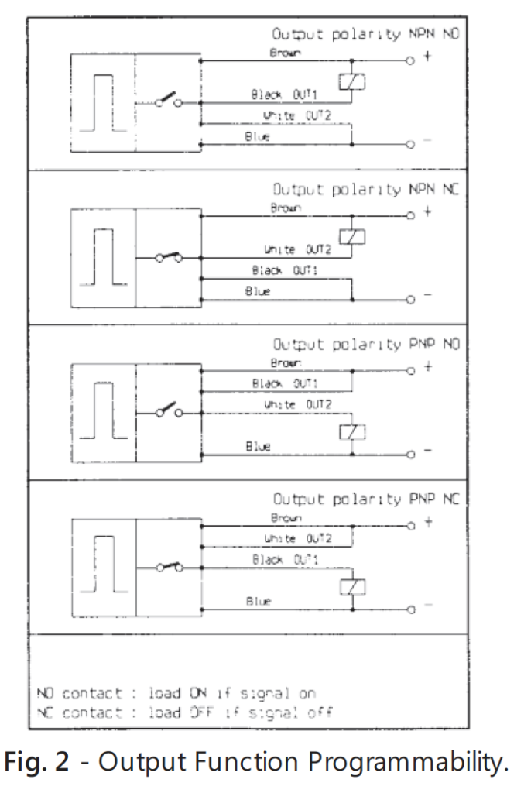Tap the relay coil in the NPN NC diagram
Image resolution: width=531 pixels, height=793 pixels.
click(351, 237)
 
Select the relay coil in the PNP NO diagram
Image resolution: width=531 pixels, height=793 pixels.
click(351, 433)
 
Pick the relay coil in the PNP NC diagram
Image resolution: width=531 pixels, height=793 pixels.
click(351, 586)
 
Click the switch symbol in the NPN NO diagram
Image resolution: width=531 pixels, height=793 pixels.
click(166, 101)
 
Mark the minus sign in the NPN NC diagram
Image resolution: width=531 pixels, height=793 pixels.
click(427, 297)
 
